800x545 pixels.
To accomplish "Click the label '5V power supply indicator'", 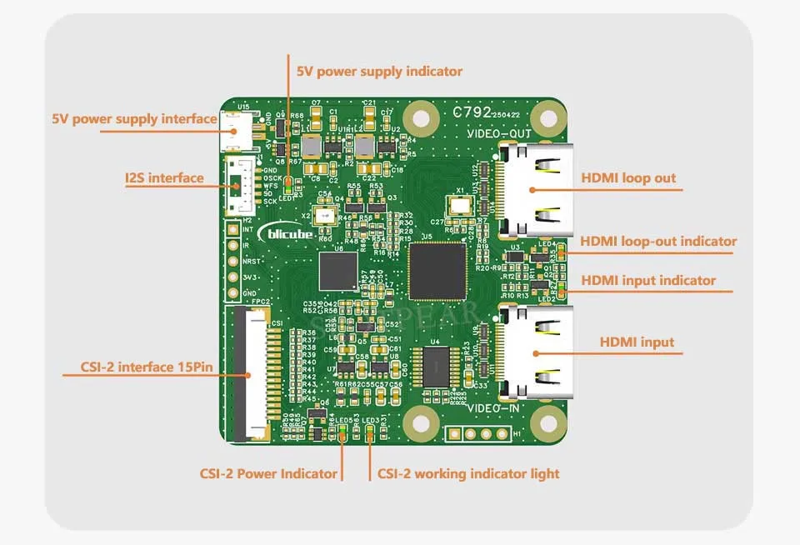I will (x=379, y=72).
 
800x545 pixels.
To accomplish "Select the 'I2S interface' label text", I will (x=164, y=178).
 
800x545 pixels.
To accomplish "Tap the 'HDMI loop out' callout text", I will (x=628, y=178).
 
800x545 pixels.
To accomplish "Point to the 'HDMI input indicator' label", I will (x=648, y=281).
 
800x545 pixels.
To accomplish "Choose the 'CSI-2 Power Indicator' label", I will (x=268, y=474).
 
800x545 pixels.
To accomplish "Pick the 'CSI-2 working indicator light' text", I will (x=467, y=474).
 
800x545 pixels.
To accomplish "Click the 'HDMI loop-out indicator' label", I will (x=658, y=242).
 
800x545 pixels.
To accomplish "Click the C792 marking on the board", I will (x=469, y=112).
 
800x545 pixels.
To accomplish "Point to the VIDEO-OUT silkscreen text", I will (x=498, y=133).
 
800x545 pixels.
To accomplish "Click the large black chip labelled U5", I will (x=437, y=271).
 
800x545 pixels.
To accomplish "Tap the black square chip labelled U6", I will (x=337, y=272).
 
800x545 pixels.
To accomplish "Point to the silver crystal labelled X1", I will (x=459, y=204).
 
